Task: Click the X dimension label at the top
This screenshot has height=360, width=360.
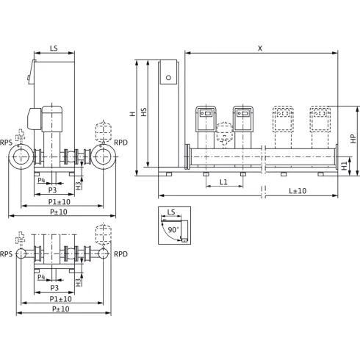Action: (260, 48)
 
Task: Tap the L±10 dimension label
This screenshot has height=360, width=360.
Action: (298, 191)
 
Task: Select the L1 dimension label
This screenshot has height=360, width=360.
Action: (223, 182)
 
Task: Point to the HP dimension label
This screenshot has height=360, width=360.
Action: (353, 139)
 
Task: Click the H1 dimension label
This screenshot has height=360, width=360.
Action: (345, 166)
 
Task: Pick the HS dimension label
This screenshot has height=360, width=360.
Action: (144, 112)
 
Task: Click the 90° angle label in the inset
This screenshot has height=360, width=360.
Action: (173, 230)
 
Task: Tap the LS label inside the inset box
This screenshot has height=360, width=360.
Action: (171, 212)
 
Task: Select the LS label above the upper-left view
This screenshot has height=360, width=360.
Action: (54, 48)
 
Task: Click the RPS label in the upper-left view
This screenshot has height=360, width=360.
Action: (6, 143)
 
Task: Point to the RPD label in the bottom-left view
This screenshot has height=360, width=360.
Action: (120, 254)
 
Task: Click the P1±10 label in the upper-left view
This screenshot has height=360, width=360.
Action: (60, 202)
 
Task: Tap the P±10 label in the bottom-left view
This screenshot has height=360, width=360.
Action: (61, 309)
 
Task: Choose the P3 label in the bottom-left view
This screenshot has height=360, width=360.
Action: (54, 288)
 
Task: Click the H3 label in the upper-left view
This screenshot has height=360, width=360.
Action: (79, 185)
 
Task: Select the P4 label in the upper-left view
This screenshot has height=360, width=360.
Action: (41, 180)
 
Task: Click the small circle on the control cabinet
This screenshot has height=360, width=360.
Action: (168, 78)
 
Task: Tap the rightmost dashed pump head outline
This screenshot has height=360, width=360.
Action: (320, 119)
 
